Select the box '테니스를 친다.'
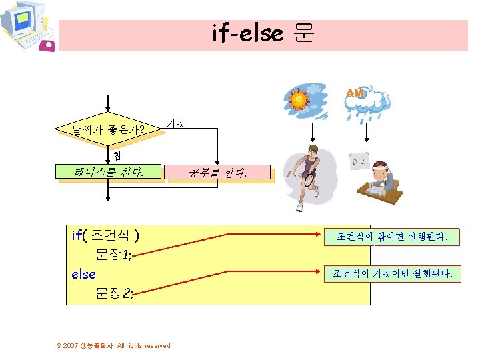110,174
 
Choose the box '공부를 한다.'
218,174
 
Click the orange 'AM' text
355,94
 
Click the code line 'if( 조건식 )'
105,235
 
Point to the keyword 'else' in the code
83,274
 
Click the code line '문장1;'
115,254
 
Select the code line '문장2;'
115,293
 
